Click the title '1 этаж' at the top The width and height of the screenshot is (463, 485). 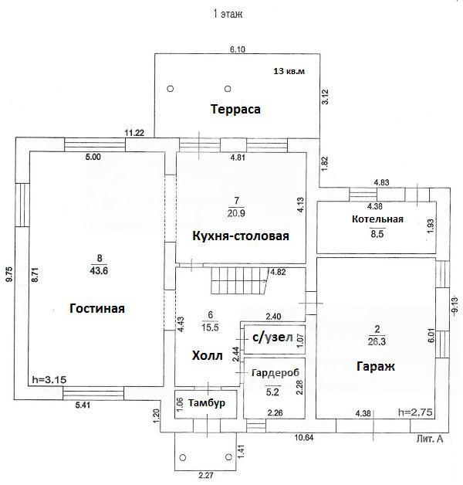point(231,13)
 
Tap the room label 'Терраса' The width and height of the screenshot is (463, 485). point(236,109)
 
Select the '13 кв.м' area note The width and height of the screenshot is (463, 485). point(289,72)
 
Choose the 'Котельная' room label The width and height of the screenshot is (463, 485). point(377,219)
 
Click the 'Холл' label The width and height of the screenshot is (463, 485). point(207,356)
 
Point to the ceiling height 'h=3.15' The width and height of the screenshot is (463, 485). point(49,379)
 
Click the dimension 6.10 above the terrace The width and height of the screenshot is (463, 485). point(237,49)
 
